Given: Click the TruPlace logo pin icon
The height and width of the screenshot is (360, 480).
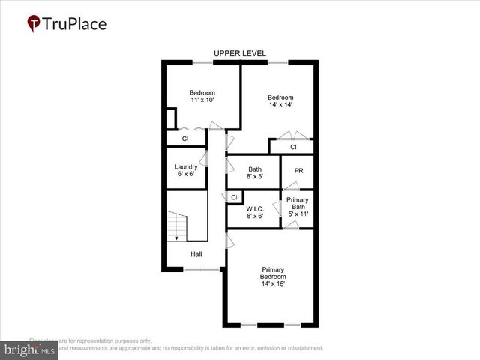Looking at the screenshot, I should [34, 24].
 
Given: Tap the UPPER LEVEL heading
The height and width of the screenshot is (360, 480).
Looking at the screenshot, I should [239, 53].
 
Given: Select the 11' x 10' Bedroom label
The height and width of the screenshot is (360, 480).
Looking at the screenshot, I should [202, 96].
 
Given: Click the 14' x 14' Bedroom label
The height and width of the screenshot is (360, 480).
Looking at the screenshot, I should [280, 100].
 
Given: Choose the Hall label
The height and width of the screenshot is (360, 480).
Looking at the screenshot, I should [196, 254].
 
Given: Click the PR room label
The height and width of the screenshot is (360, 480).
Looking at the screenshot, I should [298, 171].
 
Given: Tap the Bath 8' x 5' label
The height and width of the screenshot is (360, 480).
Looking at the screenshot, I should [255, 173].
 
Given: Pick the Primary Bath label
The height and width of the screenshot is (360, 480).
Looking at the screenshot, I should [298, 206].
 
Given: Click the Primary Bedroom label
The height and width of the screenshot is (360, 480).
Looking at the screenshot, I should [273, 277].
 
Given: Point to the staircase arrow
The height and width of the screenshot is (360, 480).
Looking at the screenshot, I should [176, 236].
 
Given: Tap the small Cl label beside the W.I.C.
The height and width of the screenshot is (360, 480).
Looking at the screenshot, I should [234, 197].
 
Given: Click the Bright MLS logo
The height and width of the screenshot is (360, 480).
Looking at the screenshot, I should [29, 349].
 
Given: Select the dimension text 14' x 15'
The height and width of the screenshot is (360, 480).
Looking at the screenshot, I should [273, 284].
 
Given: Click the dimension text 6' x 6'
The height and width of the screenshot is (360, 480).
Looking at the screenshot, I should [186, 174].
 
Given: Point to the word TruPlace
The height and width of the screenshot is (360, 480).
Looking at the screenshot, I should [75, 23].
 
